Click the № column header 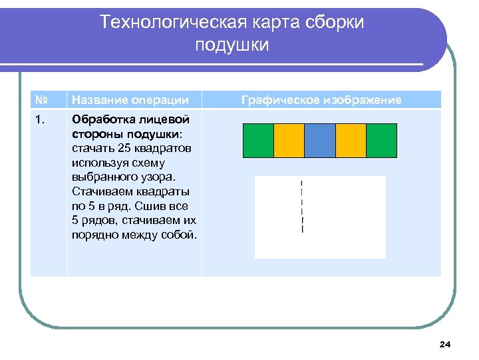point(41,100)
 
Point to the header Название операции point(130,100)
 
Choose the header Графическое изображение point(321,100)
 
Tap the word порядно point(92,235)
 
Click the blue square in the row point(320,141)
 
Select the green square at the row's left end point(258,141)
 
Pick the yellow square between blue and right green point(351,141)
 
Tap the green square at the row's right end point(381,141)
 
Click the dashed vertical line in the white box point(302,206)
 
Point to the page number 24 point(445,345)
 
